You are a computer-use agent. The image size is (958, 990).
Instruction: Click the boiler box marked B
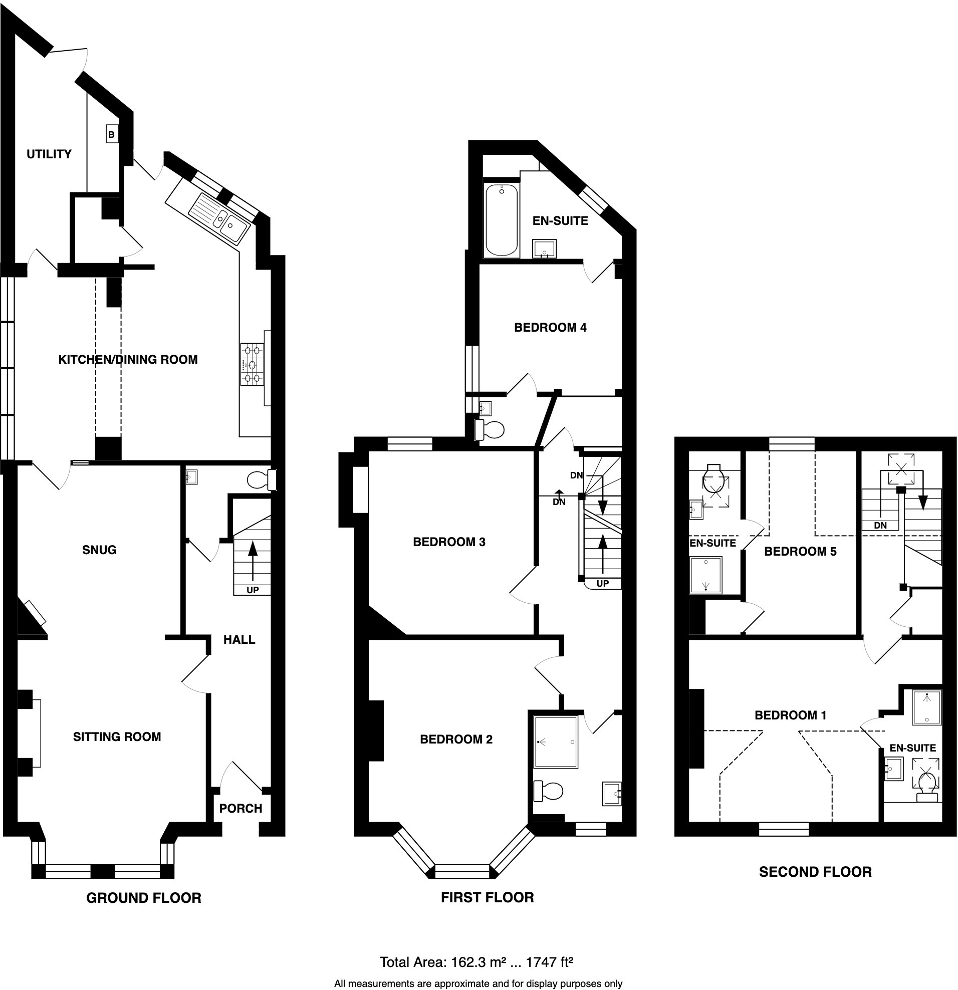click(112, 135)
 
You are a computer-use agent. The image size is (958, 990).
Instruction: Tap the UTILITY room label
click(49, 154)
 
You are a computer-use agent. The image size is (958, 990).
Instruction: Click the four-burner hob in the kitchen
click(253, 364)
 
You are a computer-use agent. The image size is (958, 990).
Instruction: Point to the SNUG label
click(100, 550)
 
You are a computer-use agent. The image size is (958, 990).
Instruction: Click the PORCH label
click(241, 809)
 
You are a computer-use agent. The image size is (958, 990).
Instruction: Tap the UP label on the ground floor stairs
click(253, 590)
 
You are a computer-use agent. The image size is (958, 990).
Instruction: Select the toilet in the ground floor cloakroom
click(262, 480)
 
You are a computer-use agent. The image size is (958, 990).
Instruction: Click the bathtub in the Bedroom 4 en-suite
click(502, 221)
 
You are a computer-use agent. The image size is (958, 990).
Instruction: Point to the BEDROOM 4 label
click(550, 328)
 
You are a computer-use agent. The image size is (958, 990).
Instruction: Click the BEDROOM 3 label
click(449, 542)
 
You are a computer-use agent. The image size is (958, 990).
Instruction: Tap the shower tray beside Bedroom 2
click(556, 741)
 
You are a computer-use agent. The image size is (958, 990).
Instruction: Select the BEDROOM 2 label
click(456, 739)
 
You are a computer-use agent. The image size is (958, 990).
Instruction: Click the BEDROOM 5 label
click(800, 552)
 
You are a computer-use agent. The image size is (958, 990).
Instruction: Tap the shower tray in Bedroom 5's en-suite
click(706, 575)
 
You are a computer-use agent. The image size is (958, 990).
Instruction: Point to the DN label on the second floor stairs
click(880, 525)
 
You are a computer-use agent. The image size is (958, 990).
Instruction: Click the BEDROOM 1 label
click(790, 715)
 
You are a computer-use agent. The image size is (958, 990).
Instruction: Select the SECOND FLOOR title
click(815, 872)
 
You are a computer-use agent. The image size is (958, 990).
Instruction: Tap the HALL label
click(239, 640)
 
